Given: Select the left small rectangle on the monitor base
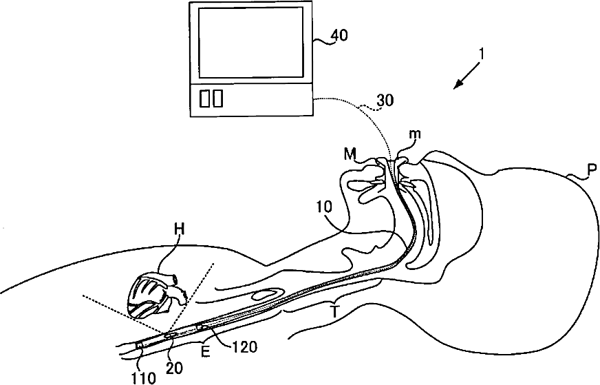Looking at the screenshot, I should click(x=204, y=98).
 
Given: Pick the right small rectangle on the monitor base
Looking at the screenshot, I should click(x=217, y=98).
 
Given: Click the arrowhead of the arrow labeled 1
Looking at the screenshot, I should click(x=456, y=87).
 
